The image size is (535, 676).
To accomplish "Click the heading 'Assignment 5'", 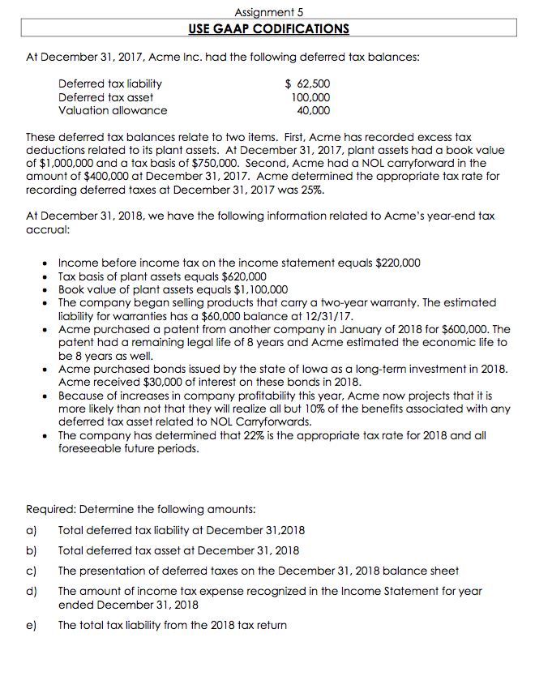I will pos(268,12).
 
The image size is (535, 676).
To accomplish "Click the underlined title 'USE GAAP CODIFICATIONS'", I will pos(268,29).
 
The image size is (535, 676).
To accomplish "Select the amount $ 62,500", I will pos(309,83).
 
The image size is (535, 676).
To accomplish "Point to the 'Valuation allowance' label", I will pos(113,110).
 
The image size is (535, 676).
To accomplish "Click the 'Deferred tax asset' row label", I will pos(105,97).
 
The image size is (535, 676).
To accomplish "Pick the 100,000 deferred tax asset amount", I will pos(310,97).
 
